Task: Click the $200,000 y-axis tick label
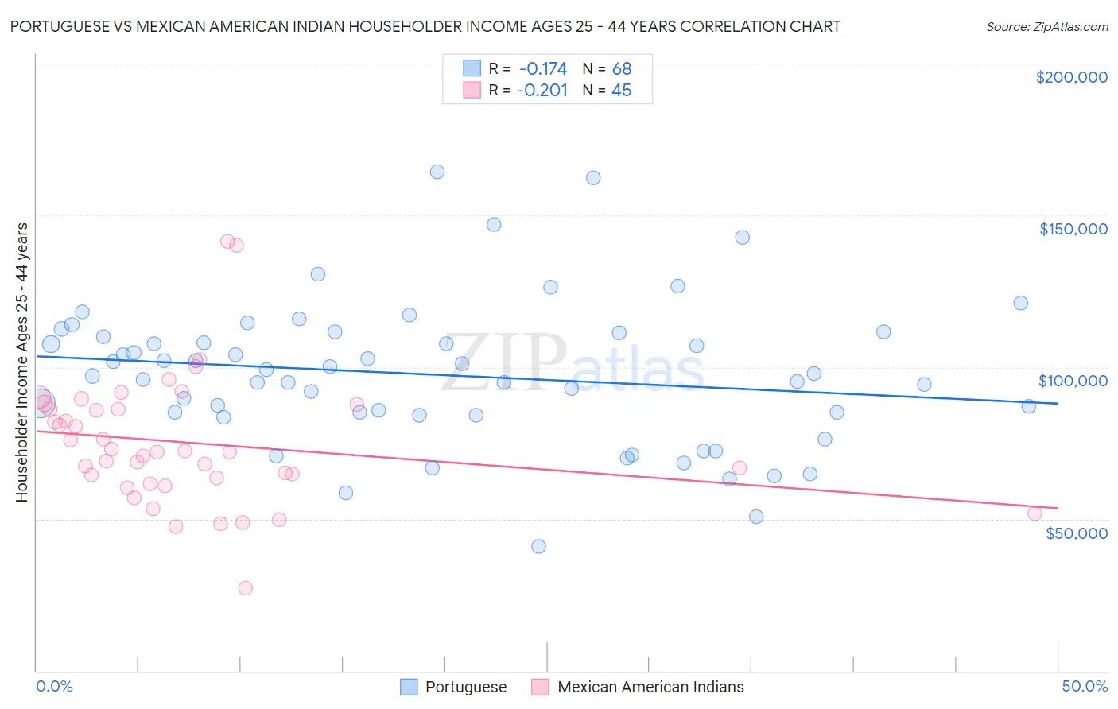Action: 1071,77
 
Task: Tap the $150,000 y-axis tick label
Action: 1073,229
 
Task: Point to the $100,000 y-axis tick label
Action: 1073,381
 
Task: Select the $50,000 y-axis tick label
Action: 1076,533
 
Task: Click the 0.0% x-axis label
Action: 55,686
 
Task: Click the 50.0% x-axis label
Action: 1085,686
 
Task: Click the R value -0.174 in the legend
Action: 542,68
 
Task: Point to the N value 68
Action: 621,68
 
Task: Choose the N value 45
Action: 621,91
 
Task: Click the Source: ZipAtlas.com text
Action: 1046,26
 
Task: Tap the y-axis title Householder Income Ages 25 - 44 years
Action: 21,362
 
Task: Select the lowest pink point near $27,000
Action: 246,588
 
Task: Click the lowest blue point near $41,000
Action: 538,546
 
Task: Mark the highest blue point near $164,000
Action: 437,172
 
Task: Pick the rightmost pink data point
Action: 1035,513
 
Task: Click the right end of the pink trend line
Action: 1058,508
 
